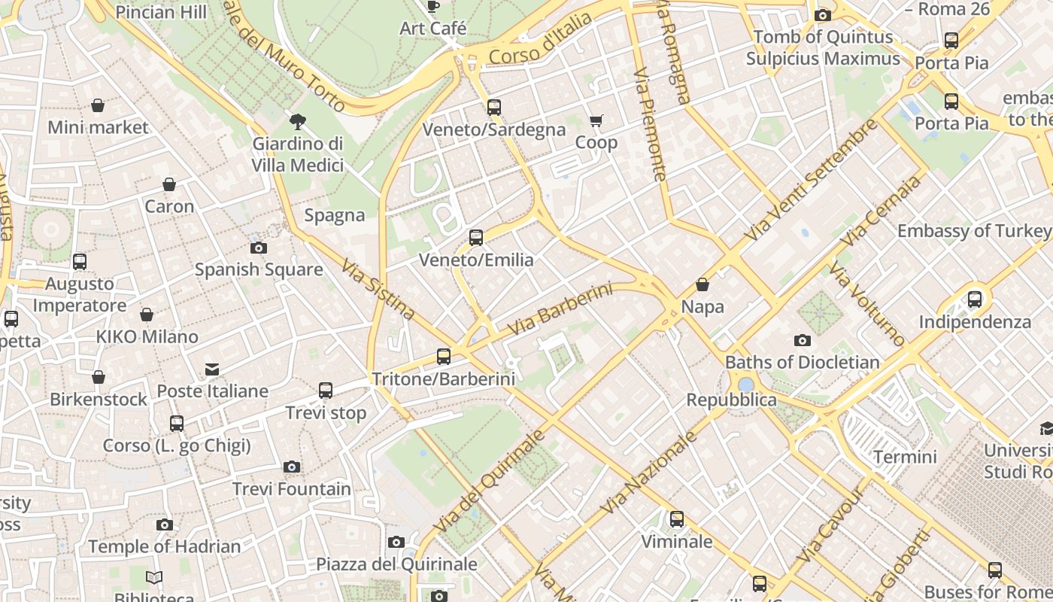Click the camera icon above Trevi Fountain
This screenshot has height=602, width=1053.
click(292, 467)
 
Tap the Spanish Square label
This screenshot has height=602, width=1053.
click(259, 269)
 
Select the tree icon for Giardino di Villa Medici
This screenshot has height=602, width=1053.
click(298, 122)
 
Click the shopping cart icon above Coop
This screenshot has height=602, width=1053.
click(596, 120)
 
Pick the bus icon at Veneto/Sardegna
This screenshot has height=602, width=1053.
click(493, 108)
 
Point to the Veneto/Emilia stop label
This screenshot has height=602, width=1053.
click(476, 260)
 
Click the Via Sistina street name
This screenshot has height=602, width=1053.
click(378, 290)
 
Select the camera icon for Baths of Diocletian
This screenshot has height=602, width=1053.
click(803, 341)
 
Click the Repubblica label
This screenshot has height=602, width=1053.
click(731, 400)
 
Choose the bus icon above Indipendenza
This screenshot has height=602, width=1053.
click(975, 299)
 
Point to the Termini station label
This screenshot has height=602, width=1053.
click(905, 457)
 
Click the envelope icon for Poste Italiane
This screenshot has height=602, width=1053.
click(212, 369)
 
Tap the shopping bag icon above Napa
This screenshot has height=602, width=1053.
click(703, 285)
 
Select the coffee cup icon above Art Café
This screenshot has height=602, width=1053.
click(433, 7)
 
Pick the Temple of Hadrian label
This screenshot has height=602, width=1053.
click(165, 546)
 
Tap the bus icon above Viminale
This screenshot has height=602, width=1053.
click(677, 519)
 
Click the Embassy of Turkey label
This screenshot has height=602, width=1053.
click(974, 231)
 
